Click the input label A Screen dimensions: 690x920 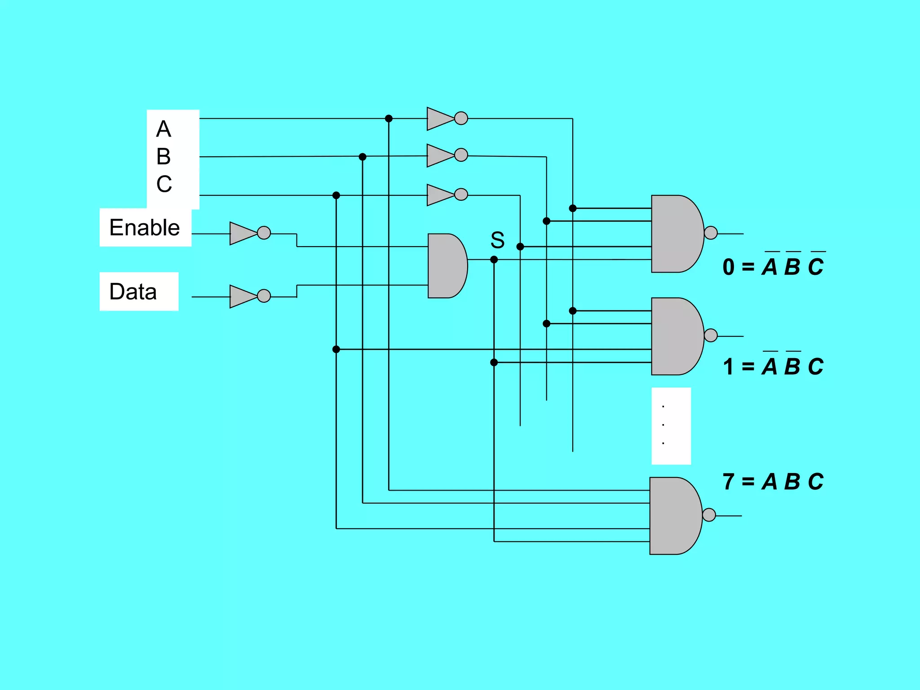pyautogui.click(x=164, y=129)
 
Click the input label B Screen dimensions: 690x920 pyautogui.click(x=164, y=157)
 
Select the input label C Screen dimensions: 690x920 pyautogui.click(x=164, y=184)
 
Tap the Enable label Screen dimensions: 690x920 pyautogui.click(x=145, y=227)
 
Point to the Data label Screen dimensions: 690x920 pyautogui.click(x=133, y=292)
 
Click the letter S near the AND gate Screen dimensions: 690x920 pyautogui.click(x=497, y=240)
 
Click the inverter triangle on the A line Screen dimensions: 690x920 pyautogui.click(x=439, y=119)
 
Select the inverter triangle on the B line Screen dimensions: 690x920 pyautogui.click(x=439, y=155)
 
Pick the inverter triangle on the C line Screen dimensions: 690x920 pyautogui.click(x=439, y=195)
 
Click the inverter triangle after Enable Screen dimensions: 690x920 pyautogui.click(x=242, y=233)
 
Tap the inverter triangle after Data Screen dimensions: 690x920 pyautogui.click(x=242, y=296)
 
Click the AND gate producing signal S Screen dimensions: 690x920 pyautogui.click(x=446, y=265)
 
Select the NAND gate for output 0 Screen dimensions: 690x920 pyautogui.click(x=676, y=234)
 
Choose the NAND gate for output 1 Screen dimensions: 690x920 pyautogui.click(x=676, y=336)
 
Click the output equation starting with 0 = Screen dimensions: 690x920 pyautogui.click(x=773, y=266)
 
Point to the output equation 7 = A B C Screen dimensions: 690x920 pyautogui.click(x=773, y=482)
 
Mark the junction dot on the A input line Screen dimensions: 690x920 pyautogui.click(x=389, y=119)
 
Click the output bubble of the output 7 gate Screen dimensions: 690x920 pyautogui.click(x=709, y=515)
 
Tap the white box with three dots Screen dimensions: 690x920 pyautogui.click(x=671, y=425)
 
